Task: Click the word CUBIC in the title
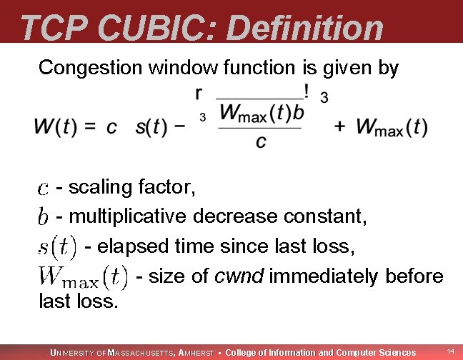161,28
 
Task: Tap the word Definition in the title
307,28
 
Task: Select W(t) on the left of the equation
54,128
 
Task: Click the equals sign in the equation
90,128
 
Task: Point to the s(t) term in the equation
151,128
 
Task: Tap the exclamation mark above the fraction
307,91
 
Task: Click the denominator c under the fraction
262,142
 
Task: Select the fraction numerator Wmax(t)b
262,113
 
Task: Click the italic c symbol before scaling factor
43,189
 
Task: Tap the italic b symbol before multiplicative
43,215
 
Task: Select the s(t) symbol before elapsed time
57,246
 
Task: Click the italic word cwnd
239,275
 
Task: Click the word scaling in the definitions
96,189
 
